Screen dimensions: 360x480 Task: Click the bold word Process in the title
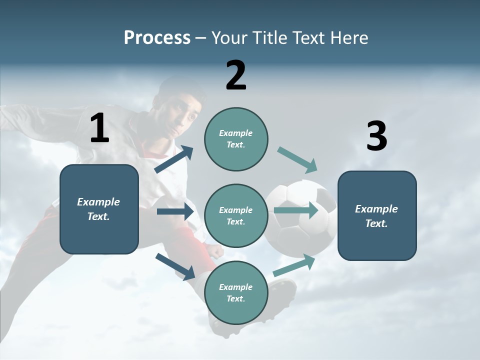point(157,37)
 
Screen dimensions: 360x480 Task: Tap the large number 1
point(99,128)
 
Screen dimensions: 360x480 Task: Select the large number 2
point(236,75)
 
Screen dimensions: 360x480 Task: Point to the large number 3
point(376,136)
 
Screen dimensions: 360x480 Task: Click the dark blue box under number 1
point(99,209)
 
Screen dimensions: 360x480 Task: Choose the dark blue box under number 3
point(377,215)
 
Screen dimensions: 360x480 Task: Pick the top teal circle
point(236,139)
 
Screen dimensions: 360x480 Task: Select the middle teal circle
point(236,215)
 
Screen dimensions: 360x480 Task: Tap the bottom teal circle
point(236,292)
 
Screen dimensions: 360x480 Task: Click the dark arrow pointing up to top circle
point(174,159)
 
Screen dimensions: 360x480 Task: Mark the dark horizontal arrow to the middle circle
point(175,211)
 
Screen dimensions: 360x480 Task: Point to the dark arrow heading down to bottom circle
point(175,266)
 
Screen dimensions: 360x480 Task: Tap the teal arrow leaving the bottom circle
point(294,265)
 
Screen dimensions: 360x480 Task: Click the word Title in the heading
point(271,37)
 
